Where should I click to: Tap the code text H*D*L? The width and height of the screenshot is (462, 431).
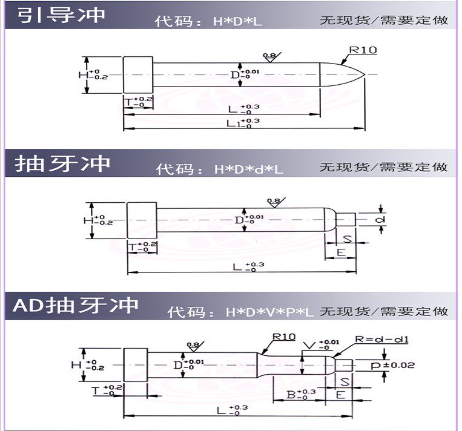(x=237, y=21)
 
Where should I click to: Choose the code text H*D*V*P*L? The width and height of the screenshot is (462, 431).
(x=269, y=313)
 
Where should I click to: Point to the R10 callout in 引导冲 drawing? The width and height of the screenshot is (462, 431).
(x=363, y=50)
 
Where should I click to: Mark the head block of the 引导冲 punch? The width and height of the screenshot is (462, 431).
(x=137, y=75)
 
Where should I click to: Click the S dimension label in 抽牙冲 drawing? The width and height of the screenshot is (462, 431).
(x=348, y=238)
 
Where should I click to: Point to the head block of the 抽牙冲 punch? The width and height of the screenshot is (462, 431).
(x=142, y=220)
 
